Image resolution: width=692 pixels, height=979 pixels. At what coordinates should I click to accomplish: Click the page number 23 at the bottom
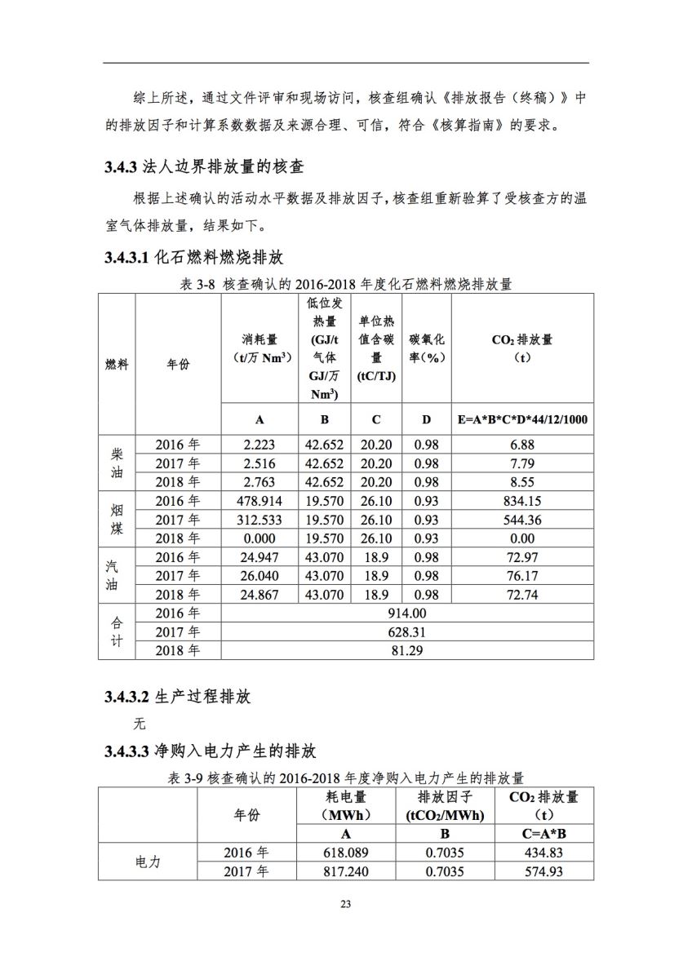[346, 904]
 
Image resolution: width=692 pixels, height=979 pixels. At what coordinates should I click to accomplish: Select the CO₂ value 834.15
[522, 501]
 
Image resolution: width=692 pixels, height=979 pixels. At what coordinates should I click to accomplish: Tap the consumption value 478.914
[259, 501]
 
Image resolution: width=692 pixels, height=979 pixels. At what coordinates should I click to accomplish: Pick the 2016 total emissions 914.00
[407, 614]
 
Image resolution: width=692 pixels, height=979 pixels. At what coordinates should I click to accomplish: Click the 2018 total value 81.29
[407, 651]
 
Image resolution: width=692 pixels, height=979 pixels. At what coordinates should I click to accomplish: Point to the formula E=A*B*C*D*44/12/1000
[522, 420]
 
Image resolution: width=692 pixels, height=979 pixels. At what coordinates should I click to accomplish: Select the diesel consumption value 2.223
[259, 445]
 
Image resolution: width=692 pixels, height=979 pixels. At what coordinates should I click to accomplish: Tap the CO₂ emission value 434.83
[543, 853]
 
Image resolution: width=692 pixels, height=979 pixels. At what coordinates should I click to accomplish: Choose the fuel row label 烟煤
[117, 519]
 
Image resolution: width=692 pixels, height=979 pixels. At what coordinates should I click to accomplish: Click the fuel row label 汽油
[117, 576]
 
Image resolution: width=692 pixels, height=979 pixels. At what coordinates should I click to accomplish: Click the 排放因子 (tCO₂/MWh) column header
[445, 805]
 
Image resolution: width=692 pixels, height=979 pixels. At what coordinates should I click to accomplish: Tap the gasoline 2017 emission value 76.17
[522, 576]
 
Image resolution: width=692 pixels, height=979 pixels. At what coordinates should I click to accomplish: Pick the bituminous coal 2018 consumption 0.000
[259, 538]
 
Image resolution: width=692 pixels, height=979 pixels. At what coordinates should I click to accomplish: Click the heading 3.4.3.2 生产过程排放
[177, 698]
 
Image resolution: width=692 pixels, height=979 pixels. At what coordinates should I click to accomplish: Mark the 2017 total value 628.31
[407, 632]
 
